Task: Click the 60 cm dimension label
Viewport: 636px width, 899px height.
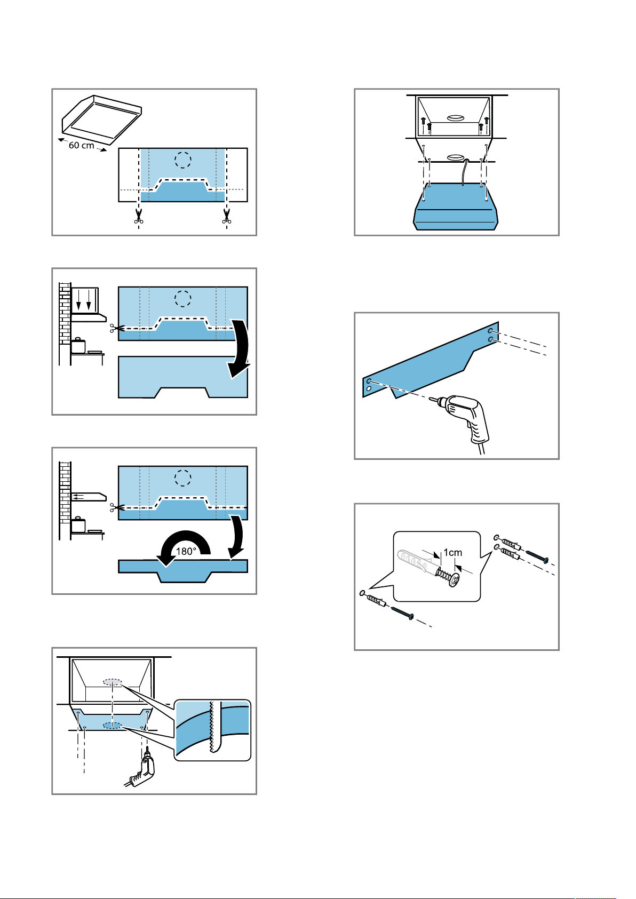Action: tap(81, 145)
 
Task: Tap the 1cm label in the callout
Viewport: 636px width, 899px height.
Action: tap(453, 552)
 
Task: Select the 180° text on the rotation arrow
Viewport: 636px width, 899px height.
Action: tap(186, 551)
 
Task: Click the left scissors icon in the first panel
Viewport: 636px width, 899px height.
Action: tap(139, 216)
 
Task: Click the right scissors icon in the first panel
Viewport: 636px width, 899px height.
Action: tap(227, 216)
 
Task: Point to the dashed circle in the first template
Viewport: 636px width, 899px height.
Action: tap(183, 160)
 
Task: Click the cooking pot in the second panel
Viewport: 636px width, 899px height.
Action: tap(78, 345)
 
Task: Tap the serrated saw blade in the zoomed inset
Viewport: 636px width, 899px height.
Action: tap(212, 728)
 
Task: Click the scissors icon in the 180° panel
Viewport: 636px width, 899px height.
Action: tap(114, 507)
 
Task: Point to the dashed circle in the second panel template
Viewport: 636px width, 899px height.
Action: tap(183, 299)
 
